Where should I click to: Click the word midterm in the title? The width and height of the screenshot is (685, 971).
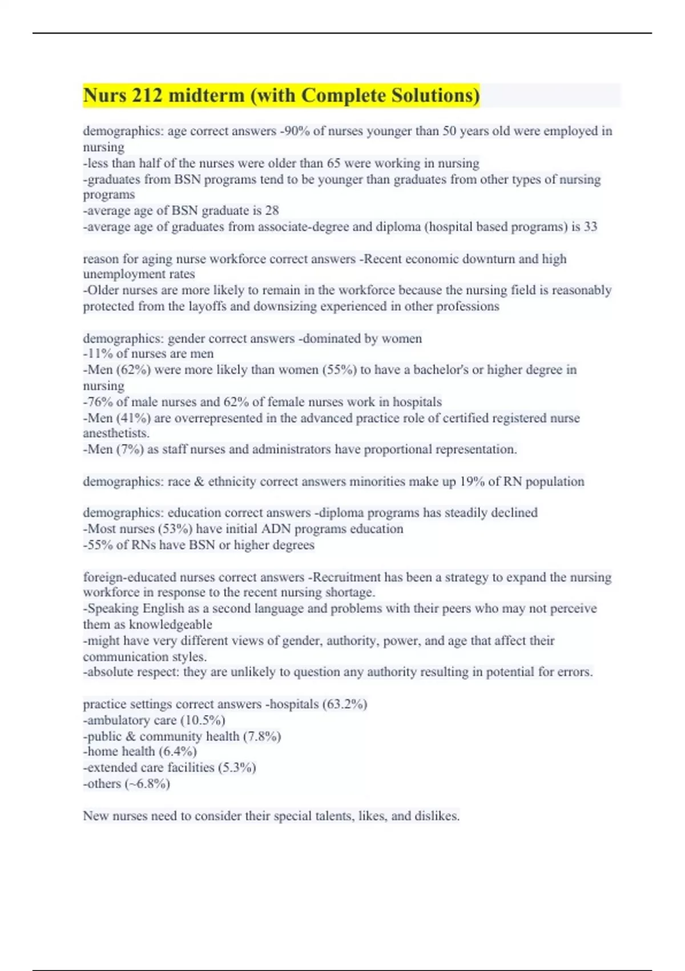click(206, 95)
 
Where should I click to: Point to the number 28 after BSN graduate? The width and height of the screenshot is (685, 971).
click(272, 211)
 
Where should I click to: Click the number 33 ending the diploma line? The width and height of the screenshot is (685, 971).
click(590, 227)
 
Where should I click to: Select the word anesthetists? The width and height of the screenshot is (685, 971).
click(116, 434)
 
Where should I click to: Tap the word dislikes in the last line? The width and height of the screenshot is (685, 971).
click(435, 816)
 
